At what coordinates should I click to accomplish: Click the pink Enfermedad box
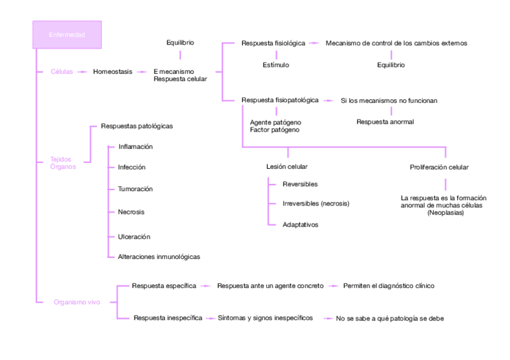click(67, 35)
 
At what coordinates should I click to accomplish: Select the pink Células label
click(62, 72)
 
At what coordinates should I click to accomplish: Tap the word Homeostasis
click(112, 72)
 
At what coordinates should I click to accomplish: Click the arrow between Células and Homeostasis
click(82, 72)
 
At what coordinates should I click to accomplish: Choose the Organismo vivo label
click(76, 302)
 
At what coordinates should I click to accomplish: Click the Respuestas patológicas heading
click(137, 126)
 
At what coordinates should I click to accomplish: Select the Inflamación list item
click(135, 147)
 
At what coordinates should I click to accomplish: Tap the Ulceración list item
click(134, 237)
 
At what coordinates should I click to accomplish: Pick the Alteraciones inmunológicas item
click(159, 257)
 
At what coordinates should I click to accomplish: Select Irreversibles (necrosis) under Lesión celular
click(315, 204)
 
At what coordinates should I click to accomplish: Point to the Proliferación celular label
click(439, 167)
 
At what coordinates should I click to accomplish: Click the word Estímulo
click(276, 65)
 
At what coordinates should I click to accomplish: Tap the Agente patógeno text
click(275, 123)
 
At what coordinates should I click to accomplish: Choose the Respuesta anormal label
click(385, 122)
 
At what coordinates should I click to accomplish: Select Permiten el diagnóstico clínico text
click(389, 286)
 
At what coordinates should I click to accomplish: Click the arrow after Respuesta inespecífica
click(209, 318)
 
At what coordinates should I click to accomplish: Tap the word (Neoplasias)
click(445, 212)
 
